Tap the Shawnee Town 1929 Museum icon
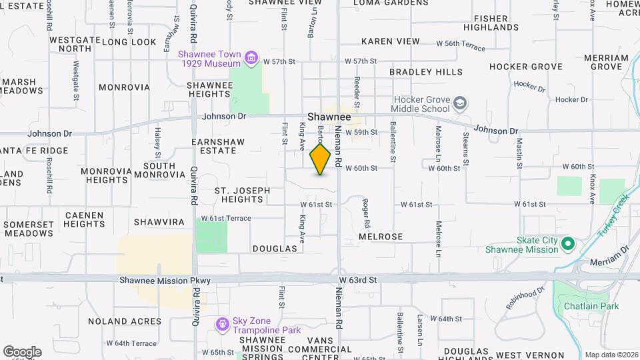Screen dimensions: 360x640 coord(251,58)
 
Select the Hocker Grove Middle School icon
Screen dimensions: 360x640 coord(460,104)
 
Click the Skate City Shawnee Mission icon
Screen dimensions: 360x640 coord(568,245)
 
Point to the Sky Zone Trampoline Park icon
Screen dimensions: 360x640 coord(222,325)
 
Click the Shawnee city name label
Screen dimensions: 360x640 coord(329,116)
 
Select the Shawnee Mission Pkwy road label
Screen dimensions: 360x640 coord(165,281)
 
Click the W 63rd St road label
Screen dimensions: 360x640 coord(357,279)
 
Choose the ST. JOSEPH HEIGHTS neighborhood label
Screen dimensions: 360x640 coord(242,195)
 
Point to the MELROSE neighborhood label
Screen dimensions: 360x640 coord(381,237)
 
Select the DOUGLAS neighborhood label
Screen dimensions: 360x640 coord(275,248)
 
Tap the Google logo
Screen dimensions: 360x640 coord(22,351)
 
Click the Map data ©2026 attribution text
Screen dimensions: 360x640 coord(611,355)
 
